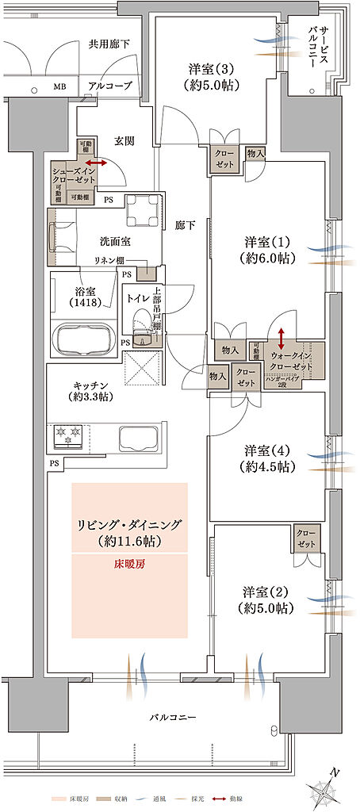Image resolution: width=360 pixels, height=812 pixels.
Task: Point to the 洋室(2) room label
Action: coord(264,600)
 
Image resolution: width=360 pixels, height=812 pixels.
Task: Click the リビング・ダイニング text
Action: coord(129,524)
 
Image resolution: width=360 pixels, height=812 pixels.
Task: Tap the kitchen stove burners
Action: coord(67,435)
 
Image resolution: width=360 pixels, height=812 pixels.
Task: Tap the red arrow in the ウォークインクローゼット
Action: coord(281,335)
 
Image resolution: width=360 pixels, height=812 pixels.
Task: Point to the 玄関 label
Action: coord(124,140)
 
